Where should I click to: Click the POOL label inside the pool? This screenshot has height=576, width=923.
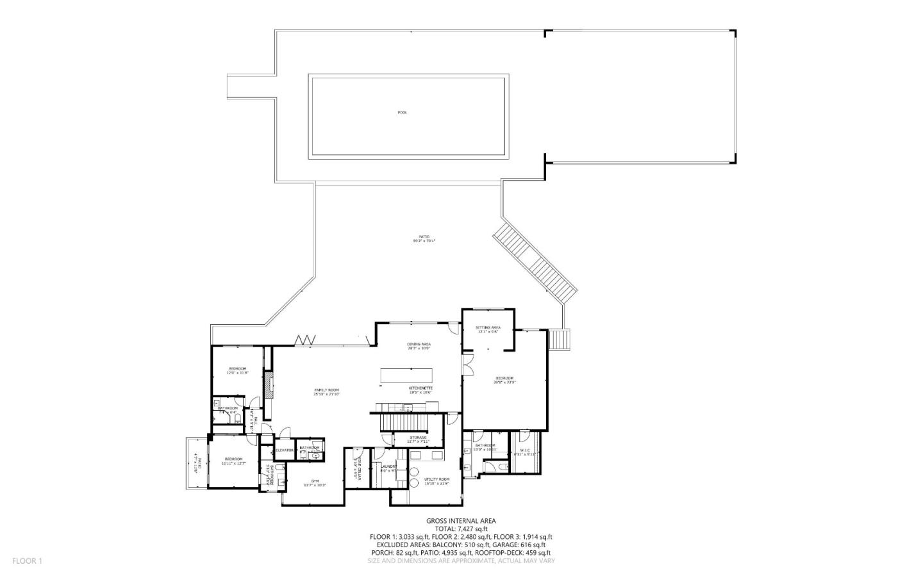pos(402,113)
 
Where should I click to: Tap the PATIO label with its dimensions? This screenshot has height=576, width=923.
pos(423,240)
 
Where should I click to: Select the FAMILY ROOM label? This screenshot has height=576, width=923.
pos(326,392)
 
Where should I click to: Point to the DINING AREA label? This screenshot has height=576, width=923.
pos(419,346)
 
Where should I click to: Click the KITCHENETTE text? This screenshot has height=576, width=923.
pos(421,388)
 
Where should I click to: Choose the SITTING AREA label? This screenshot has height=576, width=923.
pos(488,329)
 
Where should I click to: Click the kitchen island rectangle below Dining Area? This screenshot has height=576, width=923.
pos(407,375)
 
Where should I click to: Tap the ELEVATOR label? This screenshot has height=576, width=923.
pos(284,450)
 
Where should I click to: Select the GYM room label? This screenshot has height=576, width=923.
pos(315,482)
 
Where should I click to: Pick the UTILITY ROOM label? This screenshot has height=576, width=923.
pos(437,481)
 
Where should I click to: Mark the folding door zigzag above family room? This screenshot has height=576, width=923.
pos(305,340)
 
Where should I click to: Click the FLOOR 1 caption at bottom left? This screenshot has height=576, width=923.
pos(27,561)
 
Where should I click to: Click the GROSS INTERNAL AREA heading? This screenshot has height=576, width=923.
pos(461,521)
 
